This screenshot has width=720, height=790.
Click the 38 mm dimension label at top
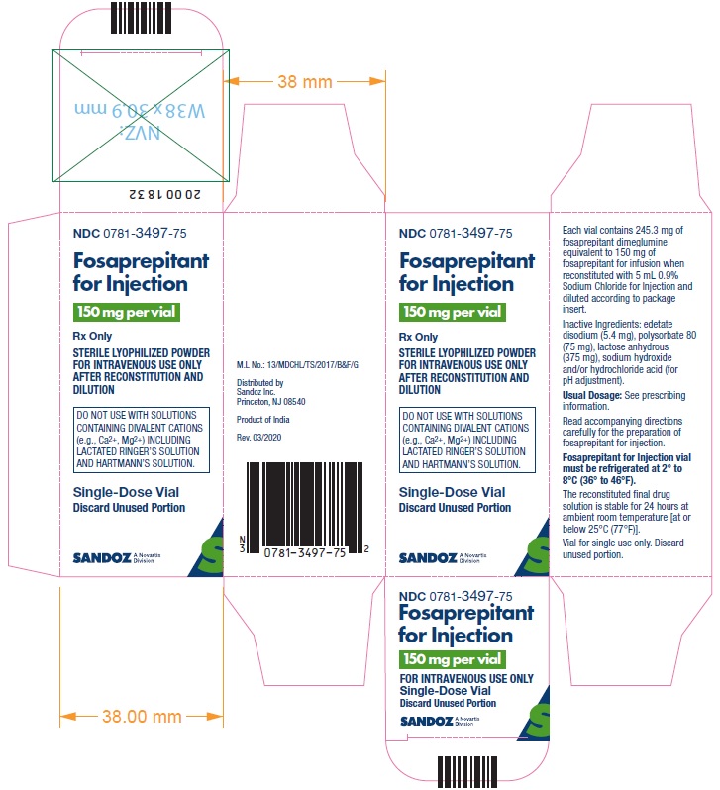pyautogui.click(x=304, y=81)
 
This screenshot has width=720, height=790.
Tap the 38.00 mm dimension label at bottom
pyautogui.click(x=142, y=716)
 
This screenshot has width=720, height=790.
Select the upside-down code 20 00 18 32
pyautogui.click(x=164, y=194)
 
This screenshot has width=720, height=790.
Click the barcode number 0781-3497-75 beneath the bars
pyautogui.click(x=305, y=552)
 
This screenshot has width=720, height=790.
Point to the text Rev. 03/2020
pyautogui.click(x=259, y=438)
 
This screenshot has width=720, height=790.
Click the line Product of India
pyautogui.click(x=263, y=419)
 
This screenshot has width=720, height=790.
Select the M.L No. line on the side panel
pyautogui.click(x=297, y=364)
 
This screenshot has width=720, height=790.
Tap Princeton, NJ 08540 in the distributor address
pyautogui.click(x=270, y=402)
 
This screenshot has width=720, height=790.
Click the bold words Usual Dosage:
pyautogui.click(x=592, y=396)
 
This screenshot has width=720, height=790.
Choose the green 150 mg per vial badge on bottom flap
pyautogui.click(x=453, y=659)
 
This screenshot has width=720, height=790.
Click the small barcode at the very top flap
pyautogui.click(x=142, y=18)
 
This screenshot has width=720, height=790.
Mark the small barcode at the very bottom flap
pyautogui.click(x=467, y=772)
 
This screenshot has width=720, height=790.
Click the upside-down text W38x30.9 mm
pyautogui.click(x=141, y=110)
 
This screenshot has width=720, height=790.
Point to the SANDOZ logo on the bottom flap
pyautogui.click(x=427, y=722)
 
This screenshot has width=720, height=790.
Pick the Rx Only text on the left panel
pyautogui.click(x=92, y=336)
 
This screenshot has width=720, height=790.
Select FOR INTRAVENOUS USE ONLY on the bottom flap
pyautogui.click(x=466, y=679)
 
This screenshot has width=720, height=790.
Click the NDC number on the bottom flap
pyautogui.click(x=456, y=596)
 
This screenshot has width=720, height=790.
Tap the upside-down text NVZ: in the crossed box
pyautogui.click(x=140, y=133)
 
